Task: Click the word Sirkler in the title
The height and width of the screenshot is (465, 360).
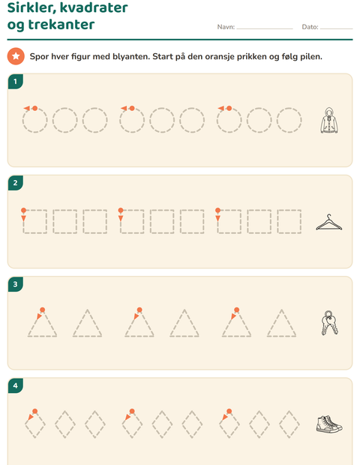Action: click(x=31, y=8)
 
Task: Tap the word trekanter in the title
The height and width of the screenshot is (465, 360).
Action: click(x=61, y=24)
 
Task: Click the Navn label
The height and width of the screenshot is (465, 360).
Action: click(x=226, y=27)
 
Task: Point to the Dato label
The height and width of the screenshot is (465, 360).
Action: click(x=310, y=27)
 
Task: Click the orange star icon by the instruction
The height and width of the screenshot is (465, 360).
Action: click(x=16, y=56)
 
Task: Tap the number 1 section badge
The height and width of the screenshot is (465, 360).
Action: click(x=16, y=81)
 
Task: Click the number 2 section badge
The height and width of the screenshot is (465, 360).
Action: click(x=16, y=183)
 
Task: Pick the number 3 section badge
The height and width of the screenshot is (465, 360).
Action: click(x=16, y=284)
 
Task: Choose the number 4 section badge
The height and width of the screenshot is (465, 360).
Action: click(x=16, y=385)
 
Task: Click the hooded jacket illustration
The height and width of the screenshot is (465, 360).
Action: click(x=329, y=120)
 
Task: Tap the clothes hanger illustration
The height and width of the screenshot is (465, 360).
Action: click(x=328, y=222)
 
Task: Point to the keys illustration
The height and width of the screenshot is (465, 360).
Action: click(x=329, y=323)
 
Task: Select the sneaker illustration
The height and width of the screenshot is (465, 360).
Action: click(x=329, y=424)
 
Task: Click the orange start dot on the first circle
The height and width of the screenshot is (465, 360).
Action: click(x=35, y=108)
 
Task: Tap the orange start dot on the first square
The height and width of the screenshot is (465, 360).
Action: click(x=24, y=210)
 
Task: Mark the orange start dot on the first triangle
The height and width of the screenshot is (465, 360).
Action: click(x=43, y=310)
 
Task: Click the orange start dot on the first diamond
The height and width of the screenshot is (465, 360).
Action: click(x=35, y=411)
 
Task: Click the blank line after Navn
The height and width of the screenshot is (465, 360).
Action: click(x=265, y=28)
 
